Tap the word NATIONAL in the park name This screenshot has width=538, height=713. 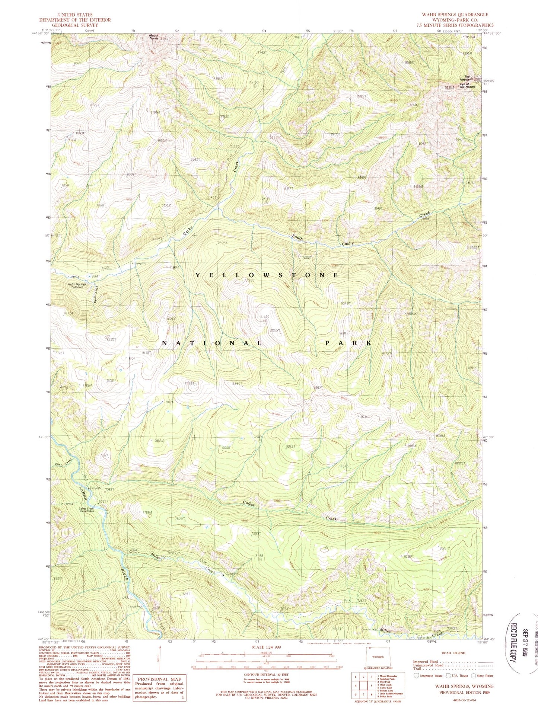(x=212, y=343)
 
